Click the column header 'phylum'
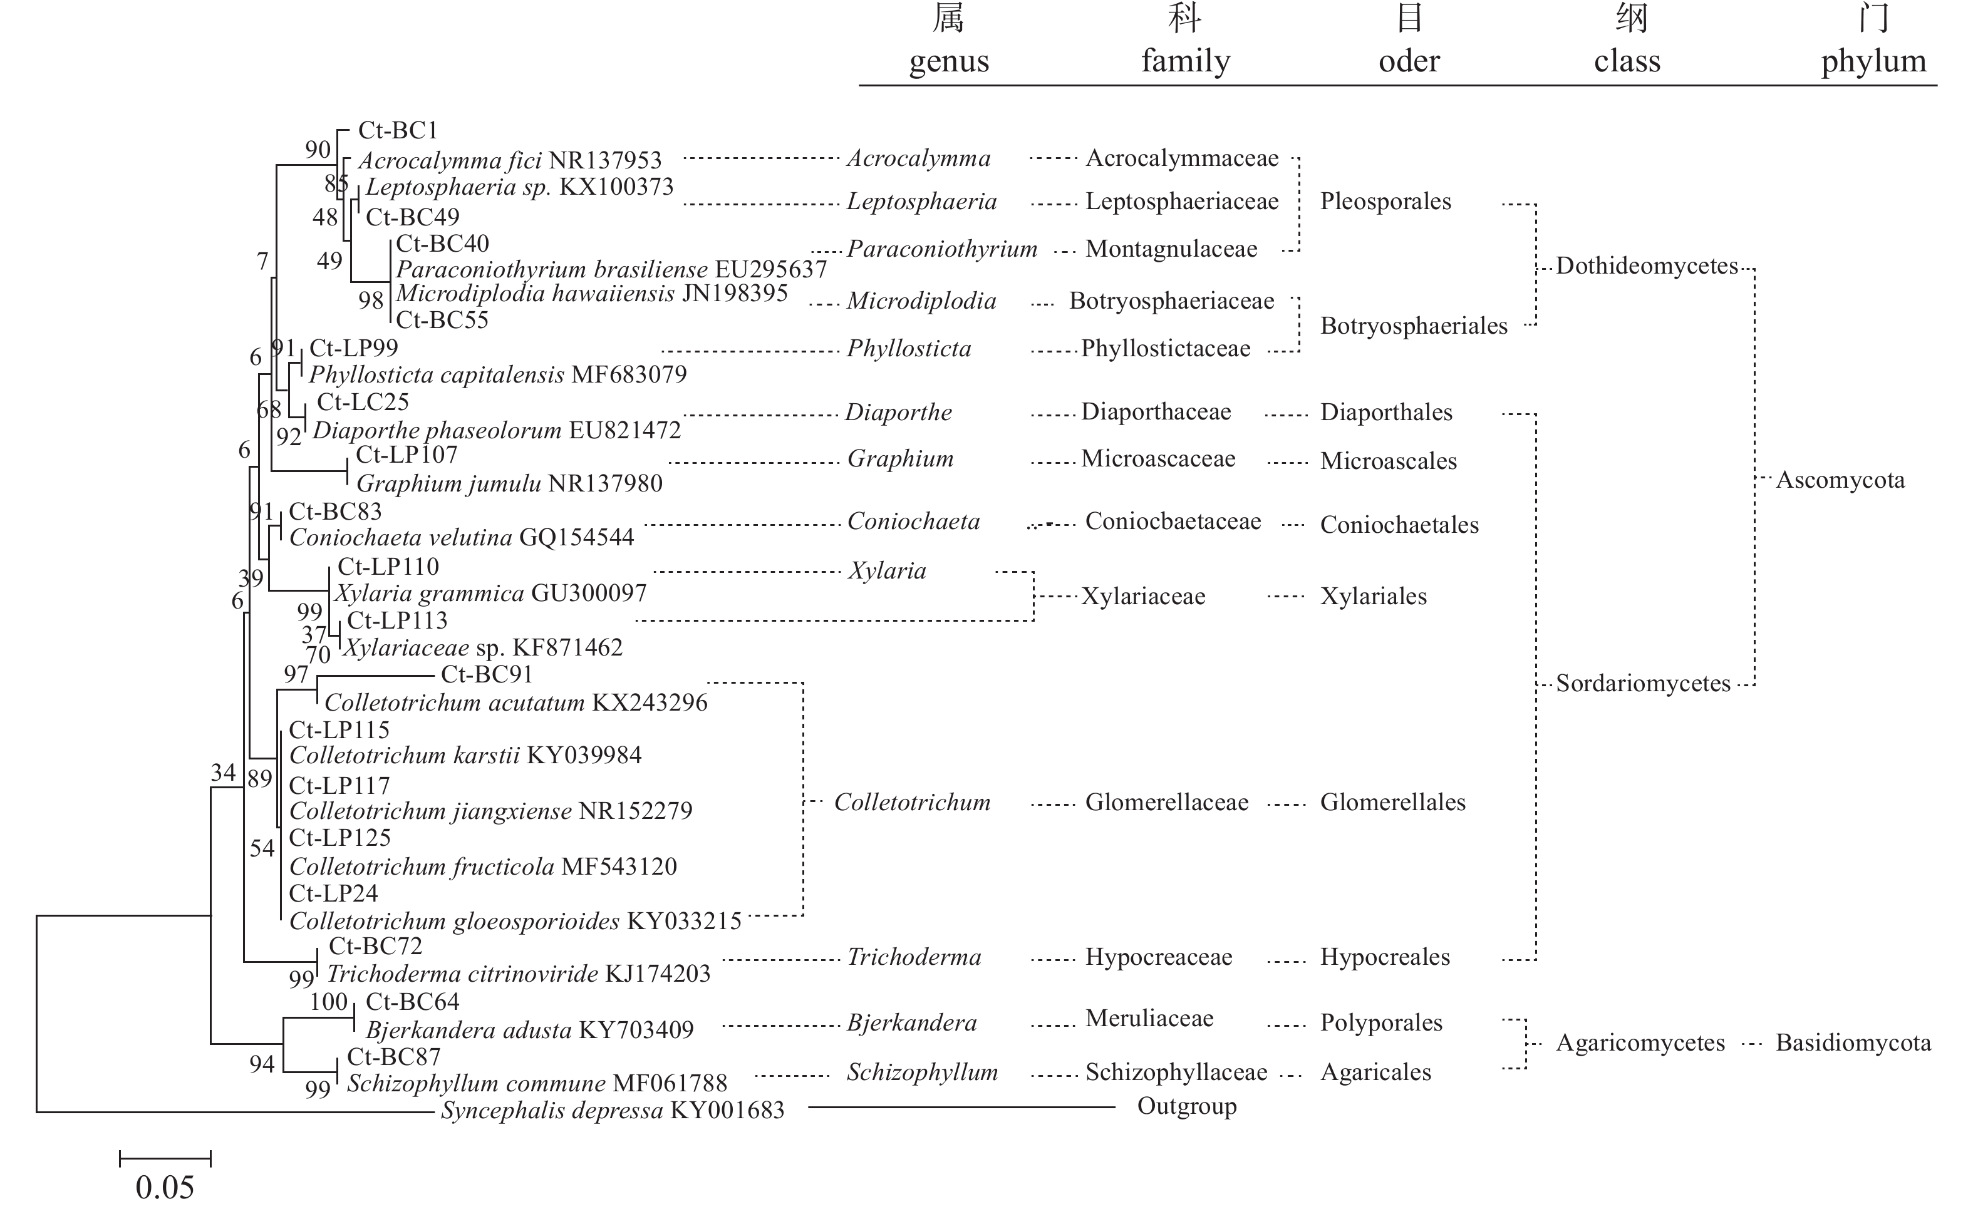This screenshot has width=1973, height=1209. click(1873, 61)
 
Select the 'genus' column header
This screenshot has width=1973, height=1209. click(949, 61)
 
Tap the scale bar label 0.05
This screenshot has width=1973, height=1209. click(165, 1186)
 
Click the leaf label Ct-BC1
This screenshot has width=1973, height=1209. click(398, 130)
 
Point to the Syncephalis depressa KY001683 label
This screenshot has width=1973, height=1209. click(613, 1111)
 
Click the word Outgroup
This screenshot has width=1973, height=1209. click(1187, 1106)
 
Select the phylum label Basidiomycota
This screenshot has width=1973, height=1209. click(1853, 1042)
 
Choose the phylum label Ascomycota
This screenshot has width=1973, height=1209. click(1840, 480)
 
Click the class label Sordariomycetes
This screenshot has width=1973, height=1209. click(1643, 683)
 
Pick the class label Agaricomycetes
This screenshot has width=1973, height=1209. click(1640, 1042)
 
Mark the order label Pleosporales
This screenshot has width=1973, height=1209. click(1385, 201)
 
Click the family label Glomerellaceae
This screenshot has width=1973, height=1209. click(1167, 802)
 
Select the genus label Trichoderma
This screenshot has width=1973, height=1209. click(914, 957)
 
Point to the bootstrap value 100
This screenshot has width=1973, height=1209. click(328, 1002)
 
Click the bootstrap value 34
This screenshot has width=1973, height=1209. click(224, 772)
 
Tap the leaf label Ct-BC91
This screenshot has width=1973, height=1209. click(487, 674)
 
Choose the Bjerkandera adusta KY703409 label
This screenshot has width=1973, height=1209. click(529, 1030)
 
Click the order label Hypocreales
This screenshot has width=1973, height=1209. click(1384, 957)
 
